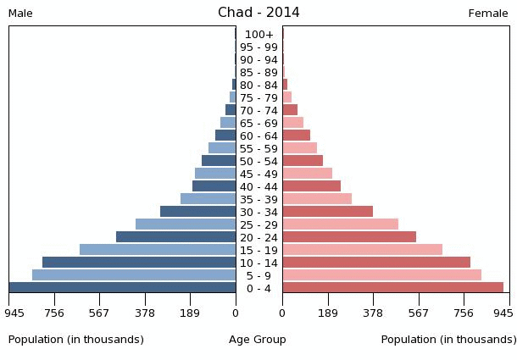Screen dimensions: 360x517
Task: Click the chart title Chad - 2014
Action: coord(258,12)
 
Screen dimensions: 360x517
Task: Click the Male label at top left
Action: coord(20,14)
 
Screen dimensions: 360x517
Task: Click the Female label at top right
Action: coord(488,14)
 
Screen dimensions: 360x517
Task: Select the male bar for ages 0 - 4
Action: coord(123,288)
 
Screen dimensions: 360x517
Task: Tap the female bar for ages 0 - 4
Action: coord(392,288)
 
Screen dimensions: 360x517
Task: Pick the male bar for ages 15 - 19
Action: coord(158,250)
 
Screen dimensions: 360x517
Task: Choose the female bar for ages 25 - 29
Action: coord(340,224)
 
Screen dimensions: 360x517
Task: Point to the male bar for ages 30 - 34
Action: coord(198,212)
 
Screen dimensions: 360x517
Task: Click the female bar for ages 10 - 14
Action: coord(376,263)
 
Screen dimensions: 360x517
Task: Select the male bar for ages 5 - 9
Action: coord(134,275)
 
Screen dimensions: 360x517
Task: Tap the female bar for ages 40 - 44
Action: coord(311,186)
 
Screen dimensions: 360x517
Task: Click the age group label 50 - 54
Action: coord(258,161)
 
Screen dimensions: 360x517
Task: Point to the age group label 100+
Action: coord(258,34)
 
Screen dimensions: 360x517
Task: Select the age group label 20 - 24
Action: coord(258,237)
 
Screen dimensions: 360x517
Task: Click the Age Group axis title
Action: coord(258,340)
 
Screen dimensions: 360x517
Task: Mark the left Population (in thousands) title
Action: coord(76,340)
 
